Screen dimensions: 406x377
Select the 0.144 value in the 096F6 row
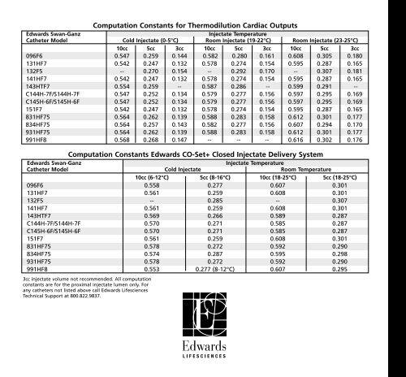180,55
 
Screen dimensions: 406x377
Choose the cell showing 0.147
180,139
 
